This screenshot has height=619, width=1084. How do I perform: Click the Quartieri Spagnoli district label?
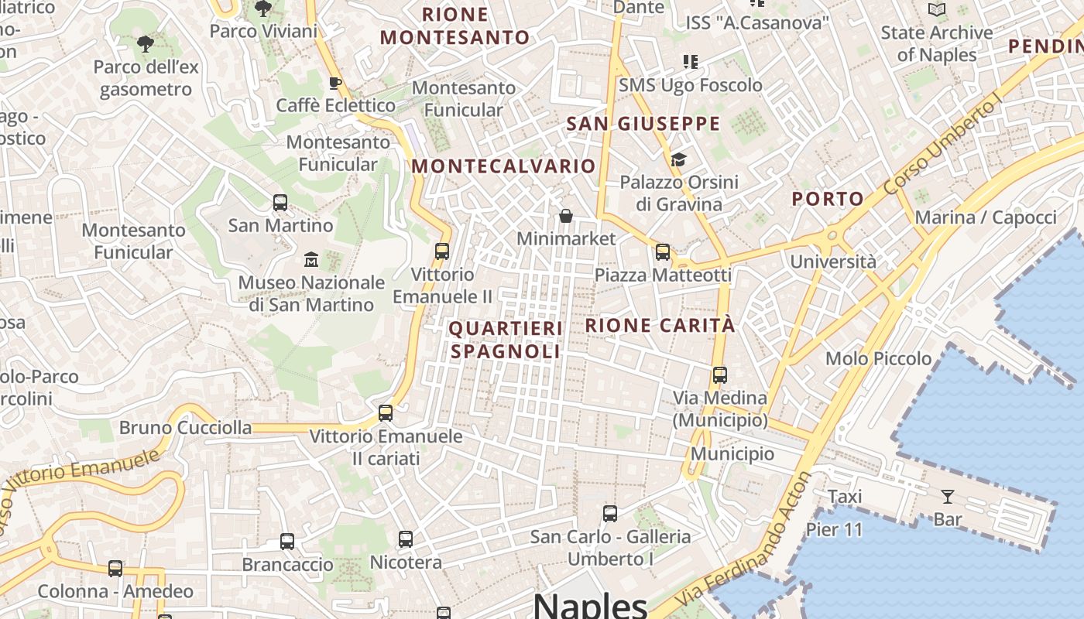click(x=506, y=340)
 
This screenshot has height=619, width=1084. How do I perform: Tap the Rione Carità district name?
click(x=660, y=325)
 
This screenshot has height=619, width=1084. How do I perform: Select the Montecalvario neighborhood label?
click(x=503, y=166)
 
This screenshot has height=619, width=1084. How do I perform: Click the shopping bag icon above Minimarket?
click(x=566, y=216)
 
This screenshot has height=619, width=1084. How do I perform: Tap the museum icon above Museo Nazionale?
click(x=311, y=259)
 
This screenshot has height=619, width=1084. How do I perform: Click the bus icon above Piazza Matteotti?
click(x=662, y=251)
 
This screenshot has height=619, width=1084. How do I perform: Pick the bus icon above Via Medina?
click(x=719, y=375)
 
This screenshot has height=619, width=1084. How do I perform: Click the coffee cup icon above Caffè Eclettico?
click(x=335, y=83)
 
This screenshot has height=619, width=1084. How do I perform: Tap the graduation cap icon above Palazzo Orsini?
click(x=678, y=160)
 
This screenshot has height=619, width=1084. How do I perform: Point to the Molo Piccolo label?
click(x=878, y=358)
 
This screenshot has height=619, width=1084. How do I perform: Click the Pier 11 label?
click(x=834, y=530)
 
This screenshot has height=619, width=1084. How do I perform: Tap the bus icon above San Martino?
click(x=280, y=203)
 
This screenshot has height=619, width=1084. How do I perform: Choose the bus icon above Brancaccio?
click(x=287, y=542)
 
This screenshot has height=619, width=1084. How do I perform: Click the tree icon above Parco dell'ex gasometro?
click(x=145, y=44)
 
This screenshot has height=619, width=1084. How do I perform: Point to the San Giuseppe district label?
click(x=643, y=124)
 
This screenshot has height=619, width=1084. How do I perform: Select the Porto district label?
click(x=827, y=199)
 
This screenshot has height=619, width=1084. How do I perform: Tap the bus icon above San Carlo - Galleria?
click(x=610, y=513)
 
